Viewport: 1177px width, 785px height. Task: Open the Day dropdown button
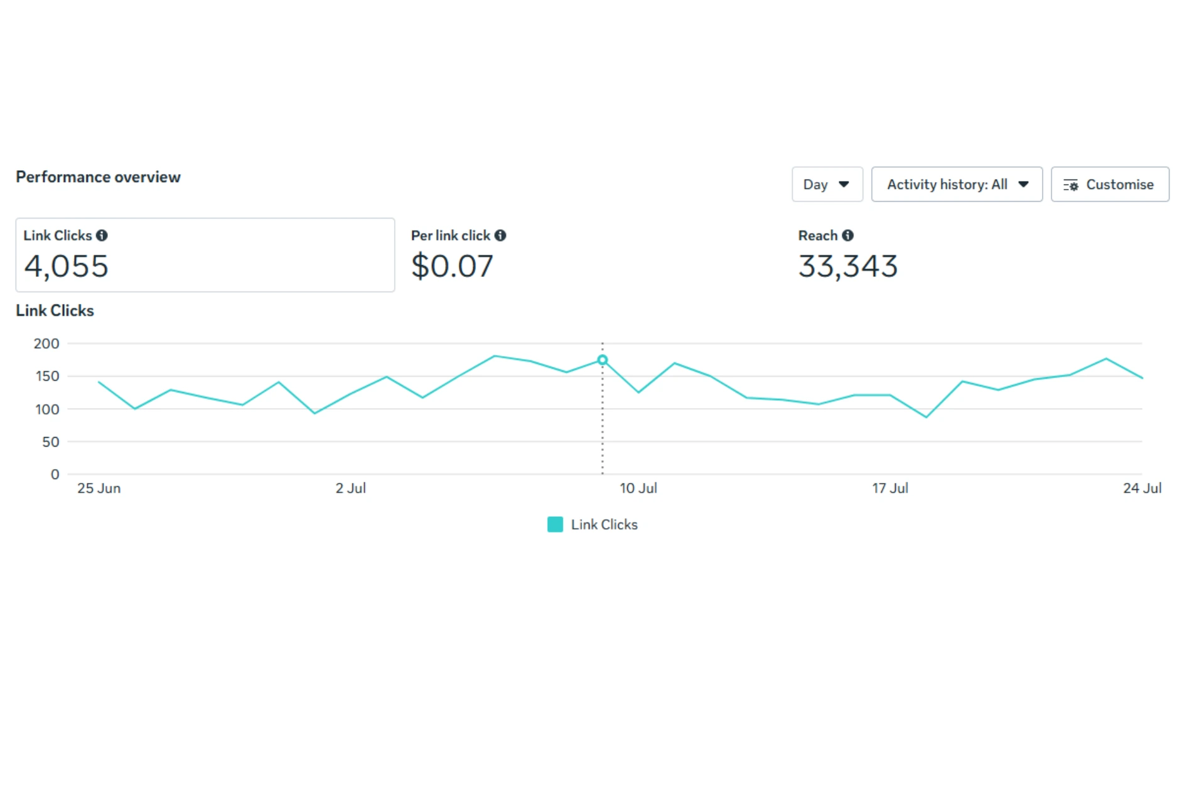(x=827, y=185)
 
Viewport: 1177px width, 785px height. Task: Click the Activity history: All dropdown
(x=956, y=185)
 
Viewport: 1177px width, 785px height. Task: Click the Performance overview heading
(x=98, y=177)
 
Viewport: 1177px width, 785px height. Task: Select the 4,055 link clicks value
(x=67, y=266)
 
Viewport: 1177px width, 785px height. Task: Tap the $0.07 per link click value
(x=452, y=266)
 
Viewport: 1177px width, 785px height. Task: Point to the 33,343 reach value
(x=847, y=266)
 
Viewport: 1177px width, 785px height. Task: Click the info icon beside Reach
(x=848, y=235)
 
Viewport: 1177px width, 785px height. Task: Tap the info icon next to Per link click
(x=500, y=235)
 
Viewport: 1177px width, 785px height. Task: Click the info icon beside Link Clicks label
(x=102, y=235)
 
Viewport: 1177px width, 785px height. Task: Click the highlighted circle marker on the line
(x=602, y=360)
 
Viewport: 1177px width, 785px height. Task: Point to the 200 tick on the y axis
(x=46, y=344)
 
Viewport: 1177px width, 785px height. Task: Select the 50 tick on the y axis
(x=51, y=442)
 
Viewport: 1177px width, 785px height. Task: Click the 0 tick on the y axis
(x=55, y=475)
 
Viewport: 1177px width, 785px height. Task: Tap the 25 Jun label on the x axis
(x=99, y=489)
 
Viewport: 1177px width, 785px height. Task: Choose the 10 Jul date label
(x=638, y=489)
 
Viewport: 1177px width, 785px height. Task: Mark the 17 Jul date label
(x=889, y=489)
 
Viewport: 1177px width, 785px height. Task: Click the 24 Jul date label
(x=1142, y=489)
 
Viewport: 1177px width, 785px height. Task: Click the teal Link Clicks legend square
(x=555, y=524)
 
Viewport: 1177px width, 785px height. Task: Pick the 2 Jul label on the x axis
(x=350, y=489)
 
